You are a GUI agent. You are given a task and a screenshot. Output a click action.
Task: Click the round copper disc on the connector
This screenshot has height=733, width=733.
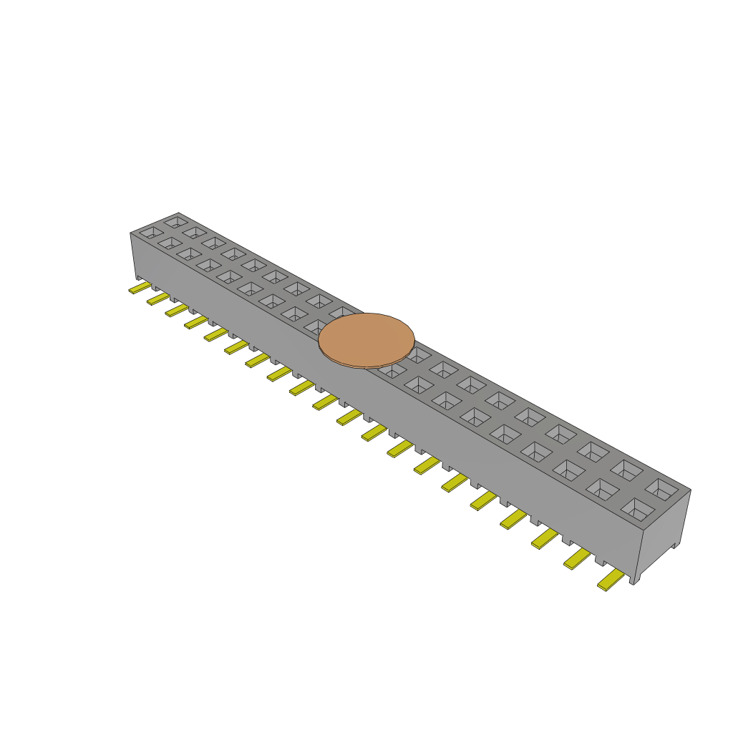click(x=366, y=340)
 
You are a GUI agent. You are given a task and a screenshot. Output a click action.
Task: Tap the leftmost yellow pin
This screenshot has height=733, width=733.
click(x=139, y=288)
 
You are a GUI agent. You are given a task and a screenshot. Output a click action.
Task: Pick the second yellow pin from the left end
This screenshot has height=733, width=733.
click(x=157, y=298)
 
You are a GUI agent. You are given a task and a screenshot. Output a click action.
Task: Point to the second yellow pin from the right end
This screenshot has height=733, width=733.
click(x=577, y=558)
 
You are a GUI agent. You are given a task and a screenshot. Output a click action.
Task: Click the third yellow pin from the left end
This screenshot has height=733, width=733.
click(x=176, y=310)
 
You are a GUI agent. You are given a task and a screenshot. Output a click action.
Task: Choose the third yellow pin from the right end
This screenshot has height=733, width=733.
click(x=545, y=538)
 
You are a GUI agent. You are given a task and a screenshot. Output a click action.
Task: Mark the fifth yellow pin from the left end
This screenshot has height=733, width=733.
click(x=215, y=334)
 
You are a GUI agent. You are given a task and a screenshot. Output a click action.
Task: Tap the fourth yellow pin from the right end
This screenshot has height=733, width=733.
click(x=514, y=519)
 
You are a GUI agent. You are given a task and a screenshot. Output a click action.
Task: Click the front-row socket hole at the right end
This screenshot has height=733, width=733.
click(x=638, y=509)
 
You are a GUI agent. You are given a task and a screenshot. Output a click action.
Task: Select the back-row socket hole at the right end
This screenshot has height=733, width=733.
click(x=661, y=489)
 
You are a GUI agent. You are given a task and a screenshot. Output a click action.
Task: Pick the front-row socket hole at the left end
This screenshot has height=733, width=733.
click(x=151, y=232)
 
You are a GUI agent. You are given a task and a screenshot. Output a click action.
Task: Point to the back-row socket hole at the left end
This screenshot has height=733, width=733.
click(x=175, y=223)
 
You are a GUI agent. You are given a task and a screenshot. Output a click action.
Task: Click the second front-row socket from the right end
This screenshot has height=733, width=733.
click(x=602, y=489)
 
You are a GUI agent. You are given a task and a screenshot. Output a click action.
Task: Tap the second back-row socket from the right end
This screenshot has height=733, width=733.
click(x=626, y=470)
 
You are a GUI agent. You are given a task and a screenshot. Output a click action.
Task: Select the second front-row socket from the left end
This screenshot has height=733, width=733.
click(x=170, y=243)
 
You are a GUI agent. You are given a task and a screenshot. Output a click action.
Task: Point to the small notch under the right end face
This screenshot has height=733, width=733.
click(x=673, y=547)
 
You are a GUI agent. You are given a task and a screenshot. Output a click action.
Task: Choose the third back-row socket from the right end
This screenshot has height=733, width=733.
click(x=593, y=451)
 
